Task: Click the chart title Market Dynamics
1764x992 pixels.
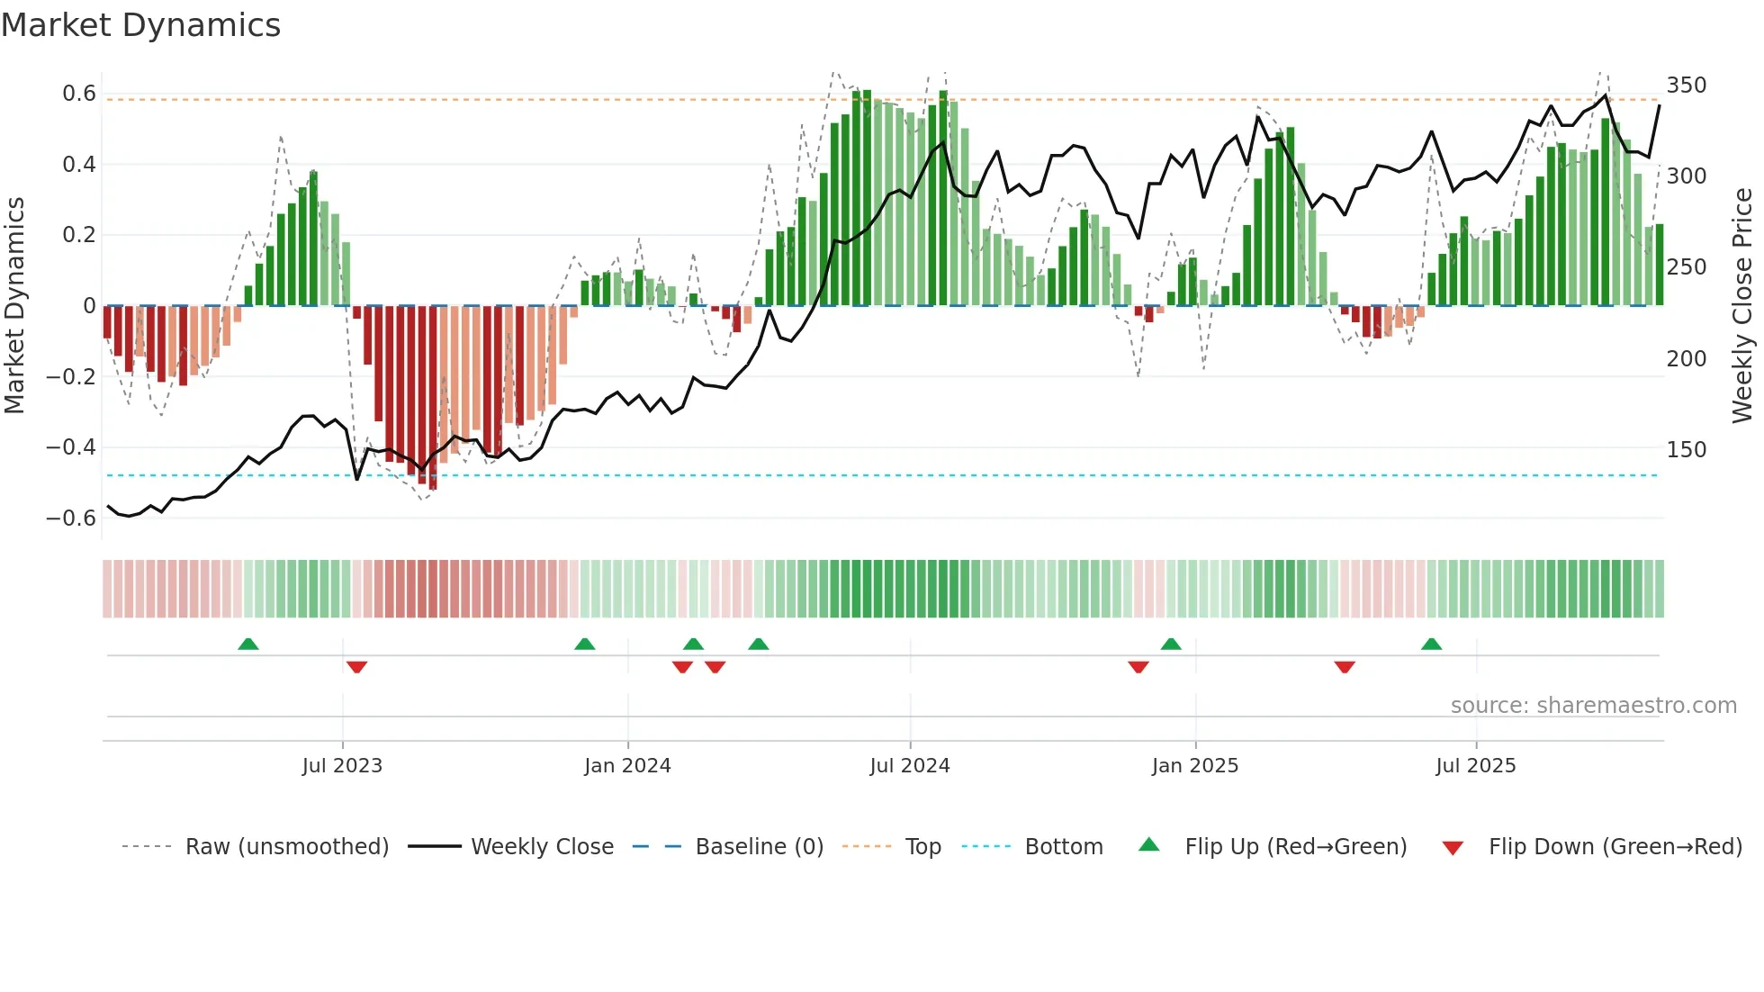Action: click(140, 25)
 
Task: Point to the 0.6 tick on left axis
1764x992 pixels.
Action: click(79, 94)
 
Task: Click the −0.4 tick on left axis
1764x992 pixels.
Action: click(71, 447)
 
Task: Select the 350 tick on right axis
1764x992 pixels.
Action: click(1686, 86)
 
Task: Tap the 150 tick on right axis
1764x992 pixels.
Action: click(1686, 450)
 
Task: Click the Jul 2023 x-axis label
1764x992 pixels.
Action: click(342, 766)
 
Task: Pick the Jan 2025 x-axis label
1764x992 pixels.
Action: click(1194, 766)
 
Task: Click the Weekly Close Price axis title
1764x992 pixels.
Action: click(1742, 306)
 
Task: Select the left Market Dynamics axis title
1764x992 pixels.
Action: click(14, 306)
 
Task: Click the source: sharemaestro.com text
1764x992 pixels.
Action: click(1593, 706)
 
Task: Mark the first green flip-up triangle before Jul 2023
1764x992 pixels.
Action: click(248, 644)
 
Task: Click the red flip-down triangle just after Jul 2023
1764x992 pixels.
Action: click(356, 667)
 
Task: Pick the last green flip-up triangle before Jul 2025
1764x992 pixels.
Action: click(1431, 644)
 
